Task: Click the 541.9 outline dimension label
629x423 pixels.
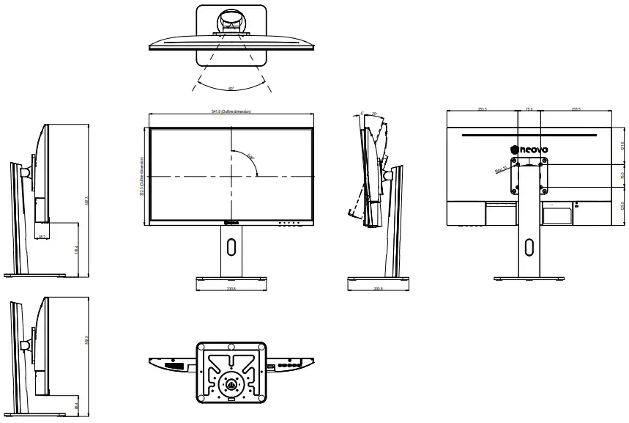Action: (x=231, y=111)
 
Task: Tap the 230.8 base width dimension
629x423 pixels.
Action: (x=231, y=288)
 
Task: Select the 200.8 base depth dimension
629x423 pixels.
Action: (x=378, y=288)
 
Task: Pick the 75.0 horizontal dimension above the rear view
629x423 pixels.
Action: (x=529, y=109)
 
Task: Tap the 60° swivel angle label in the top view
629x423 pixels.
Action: (x=231, y=89)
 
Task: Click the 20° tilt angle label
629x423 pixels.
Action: (x=374, y=114)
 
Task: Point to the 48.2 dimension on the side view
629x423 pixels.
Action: (x=43, y=237)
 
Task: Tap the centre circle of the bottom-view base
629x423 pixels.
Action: (x=231, y=383)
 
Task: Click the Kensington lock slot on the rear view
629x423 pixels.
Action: (x=576, y=205)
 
